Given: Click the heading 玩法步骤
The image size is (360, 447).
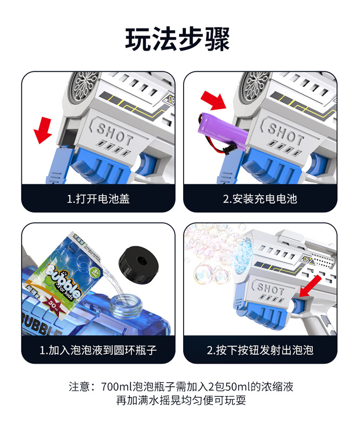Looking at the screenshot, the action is tap(177, 39).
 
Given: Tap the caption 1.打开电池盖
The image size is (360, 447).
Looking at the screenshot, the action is tap(98, 199).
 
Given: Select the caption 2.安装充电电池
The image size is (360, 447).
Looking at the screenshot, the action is tap(260, 199).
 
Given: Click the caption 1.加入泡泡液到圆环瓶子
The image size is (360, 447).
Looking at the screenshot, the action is tap(98, 350).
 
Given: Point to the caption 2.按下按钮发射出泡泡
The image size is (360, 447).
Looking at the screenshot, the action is tap(260, 350).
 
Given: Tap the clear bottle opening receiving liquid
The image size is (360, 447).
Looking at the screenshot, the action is tap(126, 307).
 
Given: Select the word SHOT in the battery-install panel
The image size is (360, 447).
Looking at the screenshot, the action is tap(285, 133).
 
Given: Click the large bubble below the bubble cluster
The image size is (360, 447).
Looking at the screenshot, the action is tap(203, 274).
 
